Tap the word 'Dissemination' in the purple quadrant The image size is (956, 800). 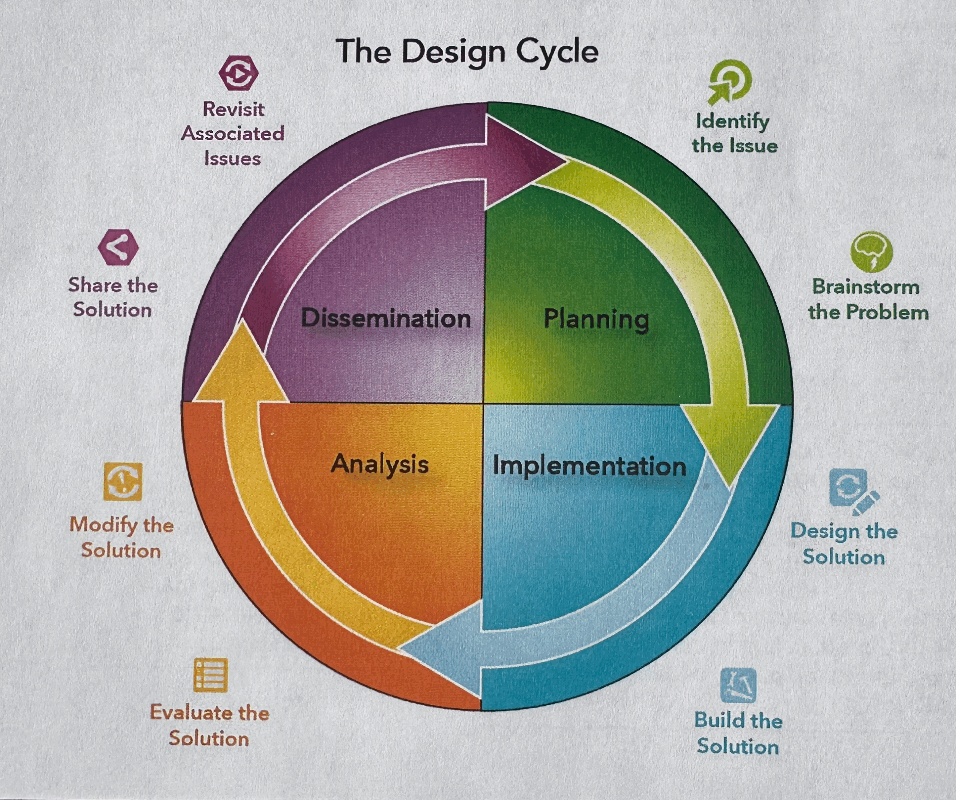(385, 318)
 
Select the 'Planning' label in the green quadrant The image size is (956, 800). (597, 319)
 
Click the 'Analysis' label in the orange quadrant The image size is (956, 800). (380, 464)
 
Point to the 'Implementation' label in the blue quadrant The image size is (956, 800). (590, 466)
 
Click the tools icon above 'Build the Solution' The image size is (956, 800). (738, 685)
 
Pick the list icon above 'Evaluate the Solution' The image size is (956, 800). (211, 675)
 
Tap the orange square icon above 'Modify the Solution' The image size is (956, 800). (122, 482)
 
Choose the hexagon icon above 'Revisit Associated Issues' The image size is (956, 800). (238, 73)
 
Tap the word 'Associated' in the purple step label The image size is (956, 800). (232, 134)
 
